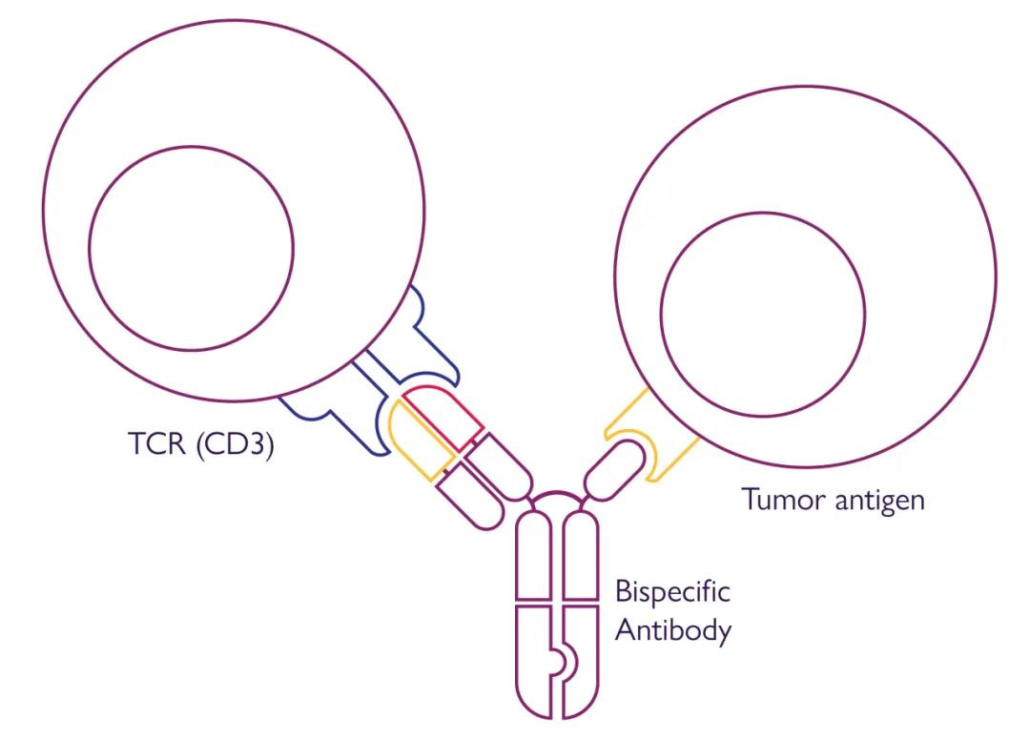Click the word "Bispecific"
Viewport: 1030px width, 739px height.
pos(672,591)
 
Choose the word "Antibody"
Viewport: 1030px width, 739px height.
pos(673,630)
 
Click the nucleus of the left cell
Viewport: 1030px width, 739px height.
pos(192,247)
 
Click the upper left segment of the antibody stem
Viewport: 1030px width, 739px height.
pos(533,557)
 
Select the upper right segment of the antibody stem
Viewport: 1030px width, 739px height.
pos(581,557)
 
